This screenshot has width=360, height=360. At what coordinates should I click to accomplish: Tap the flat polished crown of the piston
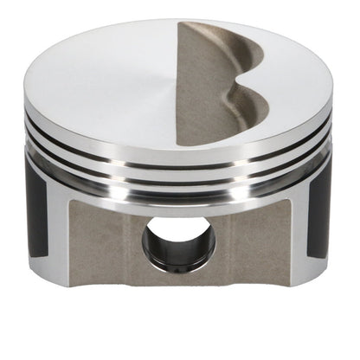click(104, 82)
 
